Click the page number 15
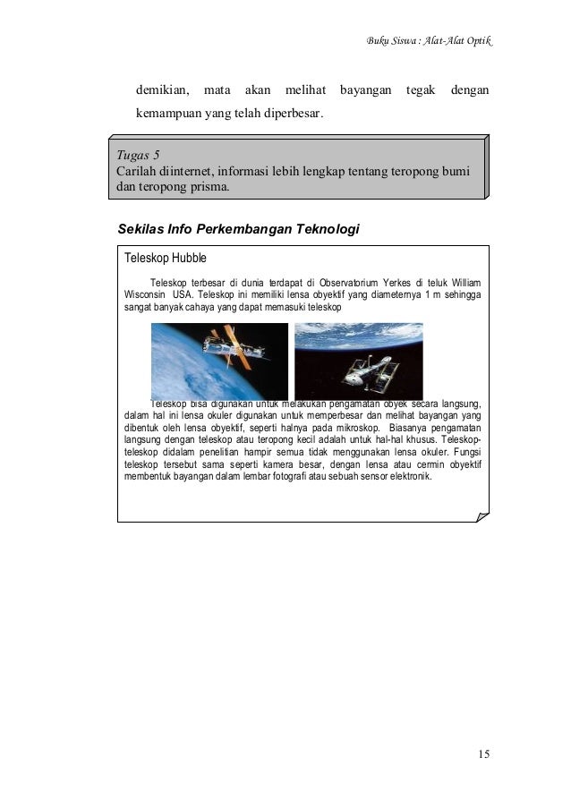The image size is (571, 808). click(483, 753)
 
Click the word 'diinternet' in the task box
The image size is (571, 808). click(188, 170)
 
